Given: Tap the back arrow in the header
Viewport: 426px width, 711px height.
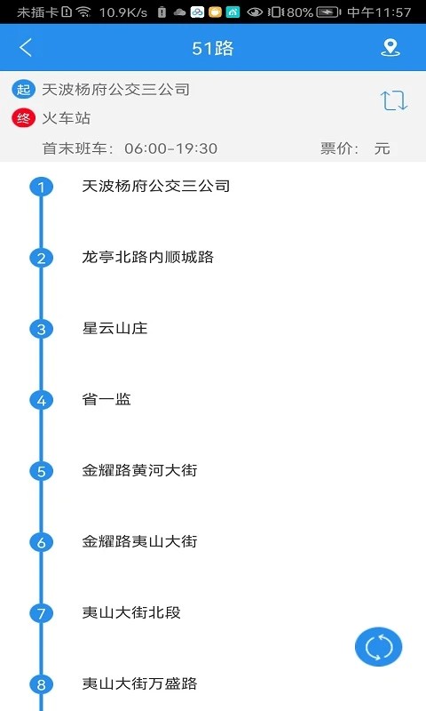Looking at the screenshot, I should point(26,48).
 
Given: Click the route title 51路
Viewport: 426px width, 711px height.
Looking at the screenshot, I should point(213,48).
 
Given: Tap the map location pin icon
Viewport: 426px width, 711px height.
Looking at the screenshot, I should point(390,48).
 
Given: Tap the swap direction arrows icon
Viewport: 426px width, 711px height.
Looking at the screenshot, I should point(394,100).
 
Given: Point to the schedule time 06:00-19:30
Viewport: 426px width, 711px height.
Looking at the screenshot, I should point(170,148).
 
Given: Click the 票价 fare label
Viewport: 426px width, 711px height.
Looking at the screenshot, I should point(339,148).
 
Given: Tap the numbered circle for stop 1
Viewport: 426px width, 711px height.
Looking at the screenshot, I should point(41,187).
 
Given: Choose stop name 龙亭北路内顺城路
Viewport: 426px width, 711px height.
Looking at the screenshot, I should point(147,258).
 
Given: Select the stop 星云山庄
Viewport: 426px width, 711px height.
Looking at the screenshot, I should point(114,329).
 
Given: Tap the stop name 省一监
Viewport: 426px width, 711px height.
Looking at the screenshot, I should point(106,400).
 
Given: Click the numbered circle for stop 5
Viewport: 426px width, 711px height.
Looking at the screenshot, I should point(41,471).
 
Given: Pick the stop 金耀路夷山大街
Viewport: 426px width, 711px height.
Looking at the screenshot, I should point(139,542).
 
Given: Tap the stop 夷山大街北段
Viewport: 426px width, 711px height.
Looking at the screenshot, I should point(131,613).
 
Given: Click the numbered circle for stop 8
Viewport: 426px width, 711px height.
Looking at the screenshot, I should point(41,684).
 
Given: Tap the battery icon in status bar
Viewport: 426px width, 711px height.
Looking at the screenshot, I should point(328,12).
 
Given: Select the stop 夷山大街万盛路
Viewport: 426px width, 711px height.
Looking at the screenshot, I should point(139,684).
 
